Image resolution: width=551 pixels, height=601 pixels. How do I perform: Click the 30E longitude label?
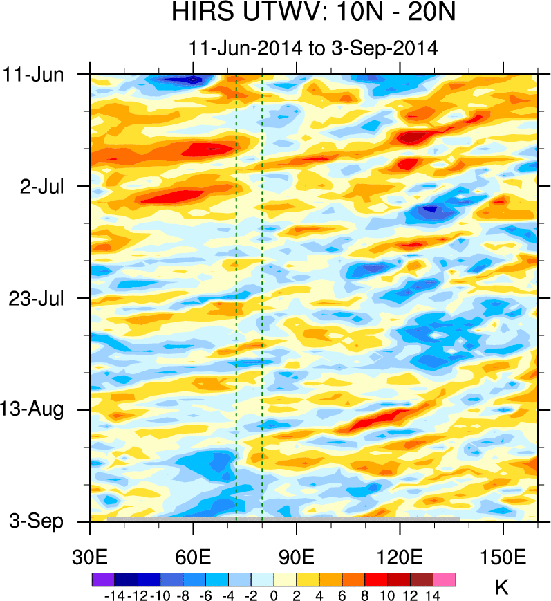point(90,556)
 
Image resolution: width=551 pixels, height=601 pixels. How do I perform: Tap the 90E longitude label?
point(297,556)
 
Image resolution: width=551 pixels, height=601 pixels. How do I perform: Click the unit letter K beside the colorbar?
point(502,588)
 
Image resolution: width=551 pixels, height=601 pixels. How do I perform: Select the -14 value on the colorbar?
point(113,595)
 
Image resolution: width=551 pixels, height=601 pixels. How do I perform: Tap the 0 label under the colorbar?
point(274,595)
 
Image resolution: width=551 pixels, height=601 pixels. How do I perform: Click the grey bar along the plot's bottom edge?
point(283,519)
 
